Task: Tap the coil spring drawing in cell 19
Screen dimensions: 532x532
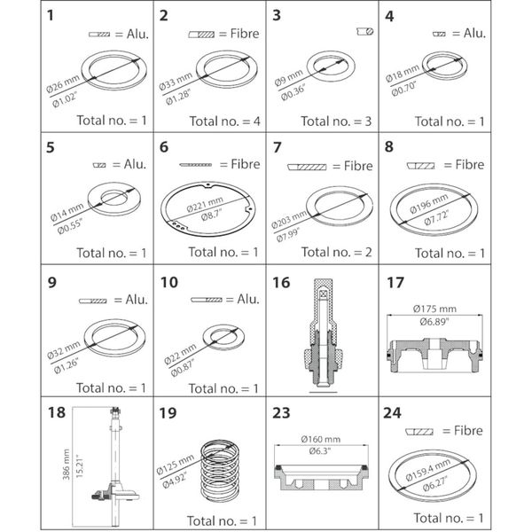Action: click(217, 469)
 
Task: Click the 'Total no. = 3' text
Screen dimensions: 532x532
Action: click(338, 117)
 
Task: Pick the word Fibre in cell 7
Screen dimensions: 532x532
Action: click(354, 166)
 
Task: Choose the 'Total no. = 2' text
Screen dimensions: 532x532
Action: click(338, 252)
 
